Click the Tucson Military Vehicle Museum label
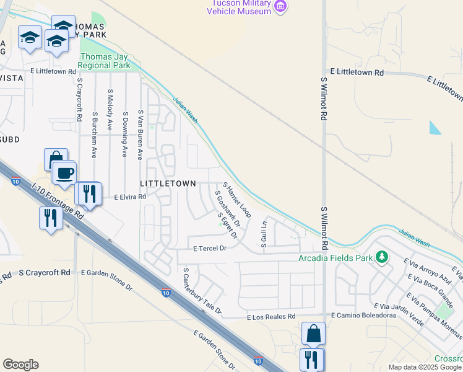(x=239, y=7)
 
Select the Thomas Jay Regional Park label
(x=105, y=60)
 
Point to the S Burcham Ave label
(x=95, y=135)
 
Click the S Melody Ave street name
(x=110, y=112)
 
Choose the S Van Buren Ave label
(x=141, y=135)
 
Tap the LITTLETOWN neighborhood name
(x=168, y=184)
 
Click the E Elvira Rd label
(x=130, y=197)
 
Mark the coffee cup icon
(x=65, y=172)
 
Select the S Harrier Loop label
(x=236, y=200)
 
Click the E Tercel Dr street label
(x=210, y=248)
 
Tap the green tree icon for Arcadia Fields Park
(x=383, y=257)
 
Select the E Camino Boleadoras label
(x=363, y=316)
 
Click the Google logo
(x=20, y=364)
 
